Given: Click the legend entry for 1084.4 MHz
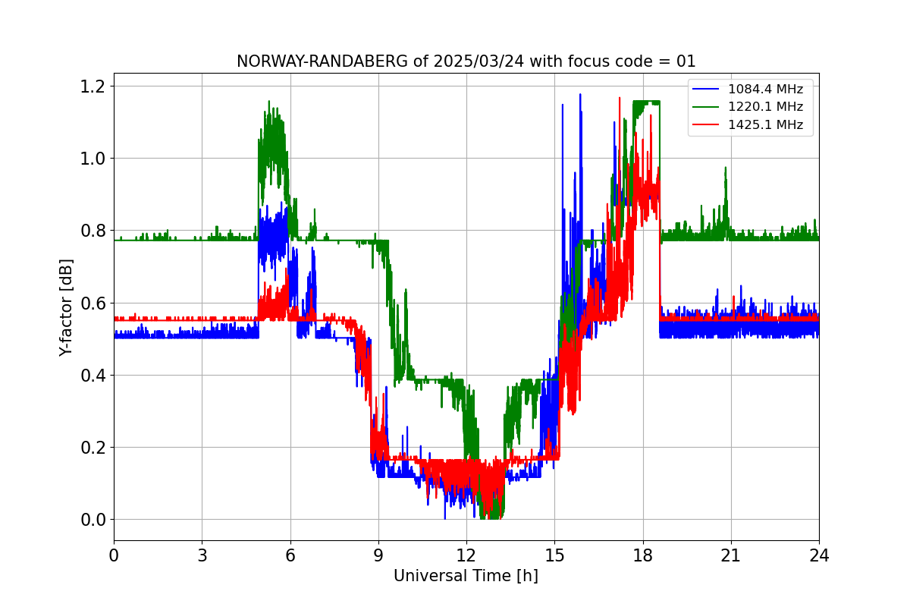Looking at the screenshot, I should (765, 90).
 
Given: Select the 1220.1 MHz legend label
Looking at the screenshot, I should (765, 107).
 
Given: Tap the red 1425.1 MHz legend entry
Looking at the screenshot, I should (765, 124).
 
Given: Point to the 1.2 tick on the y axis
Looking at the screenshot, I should (92, 86).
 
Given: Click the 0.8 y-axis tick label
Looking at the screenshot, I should (92, 231).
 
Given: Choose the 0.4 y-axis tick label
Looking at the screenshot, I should (92, 375).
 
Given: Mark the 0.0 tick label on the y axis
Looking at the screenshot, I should (92, 520).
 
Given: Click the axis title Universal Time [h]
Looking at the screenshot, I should (466, 577).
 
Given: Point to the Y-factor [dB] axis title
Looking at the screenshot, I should (67, 307).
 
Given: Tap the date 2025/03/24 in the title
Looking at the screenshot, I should (475, 61).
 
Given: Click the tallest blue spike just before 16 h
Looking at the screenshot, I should (580, 95).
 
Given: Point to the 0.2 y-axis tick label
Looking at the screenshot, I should (92, 448).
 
